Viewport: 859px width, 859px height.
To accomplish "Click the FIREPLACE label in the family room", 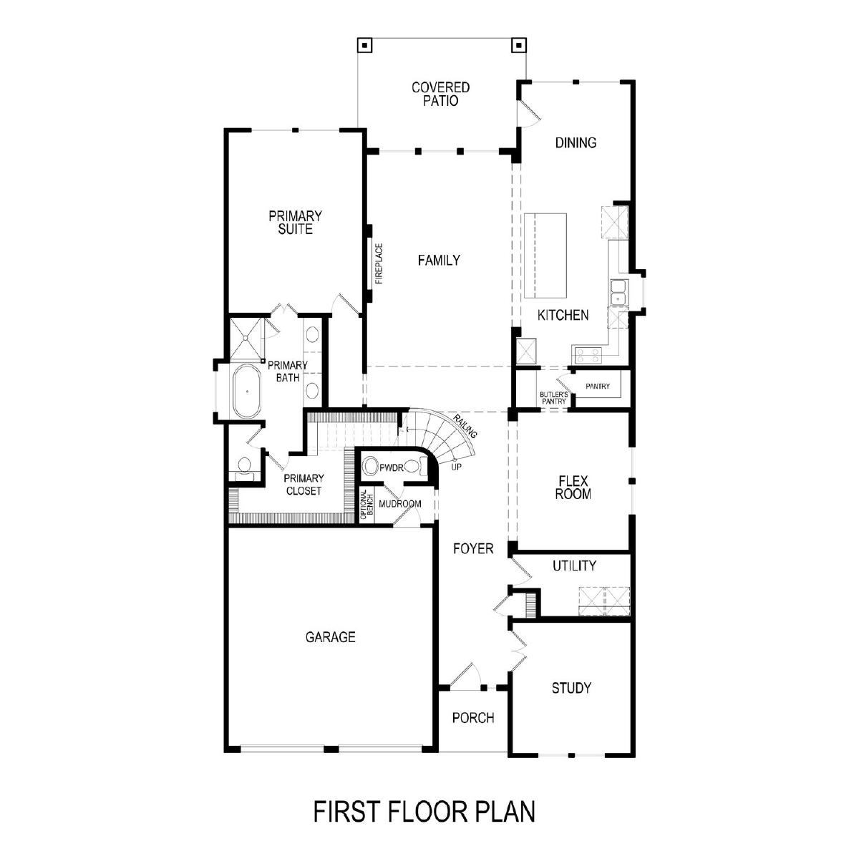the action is [x=379, y=263].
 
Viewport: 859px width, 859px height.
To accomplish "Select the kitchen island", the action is [x=545, y=256].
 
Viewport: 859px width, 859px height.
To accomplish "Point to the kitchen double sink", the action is [x=618, y=292].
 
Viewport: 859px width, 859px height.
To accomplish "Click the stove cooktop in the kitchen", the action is [x=588, y=356].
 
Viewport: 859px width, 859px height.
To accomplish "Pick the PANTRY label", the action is [x=597, y=386].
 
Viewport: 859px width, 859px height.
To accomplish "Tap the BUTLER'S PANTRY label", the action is [x=553, y=397].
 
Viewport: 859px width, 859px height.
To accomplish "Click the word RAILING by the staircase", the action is [x=466, y=426].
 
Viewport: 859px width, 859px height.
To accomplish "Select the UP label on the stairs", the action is [x=456, y=467].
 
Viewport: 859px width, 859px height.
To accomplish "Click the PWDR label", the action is [x=391, y=467].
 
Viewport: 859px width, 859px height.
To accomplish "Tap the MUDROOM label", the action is [x=399, y=504].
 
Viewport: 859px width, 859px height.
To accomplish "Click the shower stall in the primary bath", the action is [x=246, y=339].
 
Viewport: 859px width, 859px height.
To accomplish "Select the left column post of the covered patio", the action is [x=364, y=46].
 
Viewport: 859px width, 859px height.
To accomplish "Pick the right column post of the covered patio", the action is [x=519, y=45].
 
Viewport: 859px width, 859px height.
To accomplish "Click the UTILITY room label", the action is [x=574, y=566].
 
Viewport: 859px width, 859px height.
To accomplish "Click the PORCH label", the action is [x=473, y=718].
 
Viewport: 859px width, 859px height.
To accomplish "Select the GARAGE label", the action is [x=330, y=637].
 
